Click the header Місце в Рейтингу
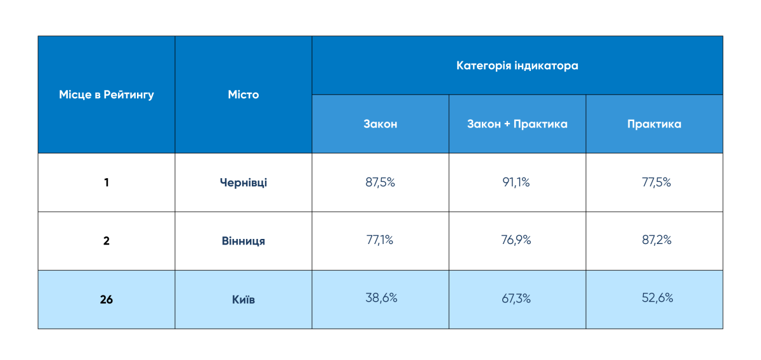click(107, 95)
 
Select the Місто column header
click(244, 95)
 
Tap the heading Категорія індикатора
click(517, 66)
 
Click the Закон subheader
click(380, 124)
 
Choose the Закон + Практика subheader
click(517, 124)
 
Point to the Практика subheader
click(654, 124)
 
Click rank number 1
click(107, 183)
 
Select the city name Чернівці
click(244, 183)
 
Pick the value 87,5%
click(380, 183)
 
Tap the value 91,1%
click(517, 183)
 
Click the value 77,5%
click(654, 183)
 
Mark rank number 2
click(107, 241)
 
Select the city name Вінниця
click(244, 241)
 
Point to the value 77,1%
click(380, 240)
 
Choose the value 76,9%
click(517, 240)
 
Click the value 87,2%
click(654, 240)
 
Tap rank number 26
click(107, 299)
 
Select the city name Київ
click(244, 299)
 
